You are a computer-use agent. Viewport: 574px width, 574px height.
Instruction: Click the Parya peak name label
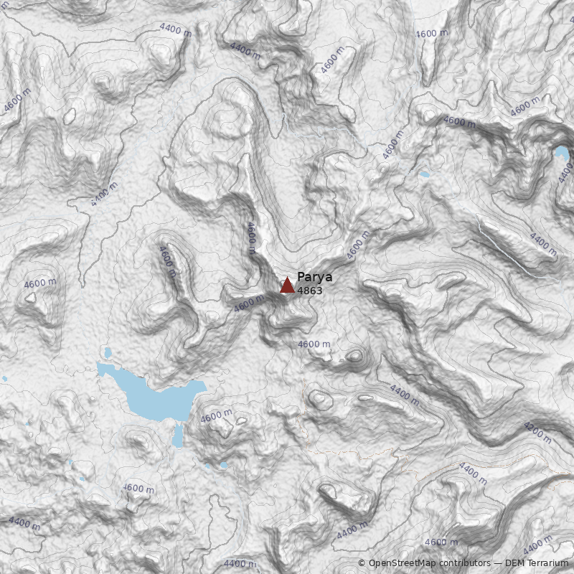pos(314,278)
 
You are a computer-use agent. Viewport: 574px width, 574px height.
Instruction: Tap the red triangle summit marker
pos(287,286)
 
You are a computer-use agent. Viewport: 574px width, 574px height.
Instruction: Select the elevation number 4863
pos(309,291)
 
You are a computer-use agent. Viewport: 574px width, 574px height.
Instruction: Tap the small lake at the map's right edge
pos(561,153)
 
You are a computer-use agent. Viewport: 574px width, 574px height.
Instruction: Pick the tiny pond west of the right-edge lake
pos(425,174)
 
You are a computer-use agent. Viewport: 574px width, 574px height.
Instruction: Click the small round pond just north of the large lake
pos(108,353)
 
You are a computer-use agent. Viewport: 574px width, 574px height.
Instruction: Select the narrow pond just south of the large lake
pos(178,435)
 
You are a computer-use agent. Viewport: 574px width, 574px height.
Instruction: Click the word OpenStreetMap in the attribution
pos(403,563)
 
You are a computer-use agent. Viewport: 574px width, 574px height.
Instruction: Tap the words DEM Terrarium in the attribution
pos(535,563)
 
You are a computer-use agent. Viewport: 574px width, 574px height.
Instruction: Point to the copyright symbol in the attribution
pos(362,563)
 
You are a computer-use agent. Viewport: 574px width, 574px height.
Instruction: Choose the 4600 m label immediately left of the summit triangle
pos(249,304)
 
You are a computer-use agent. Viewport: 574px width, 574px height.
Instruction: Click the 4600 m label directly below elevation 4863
pos(314,344)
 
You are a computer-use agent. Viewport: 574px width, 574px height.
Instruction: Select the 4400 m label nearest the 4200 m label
pos(472,471)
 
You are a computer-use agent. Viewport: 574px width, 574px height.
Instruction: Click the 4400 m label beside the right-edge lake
pos(543,244)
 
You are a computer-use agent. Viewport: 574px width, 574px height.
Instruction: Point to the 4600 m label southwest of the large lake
pos(138,489)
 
